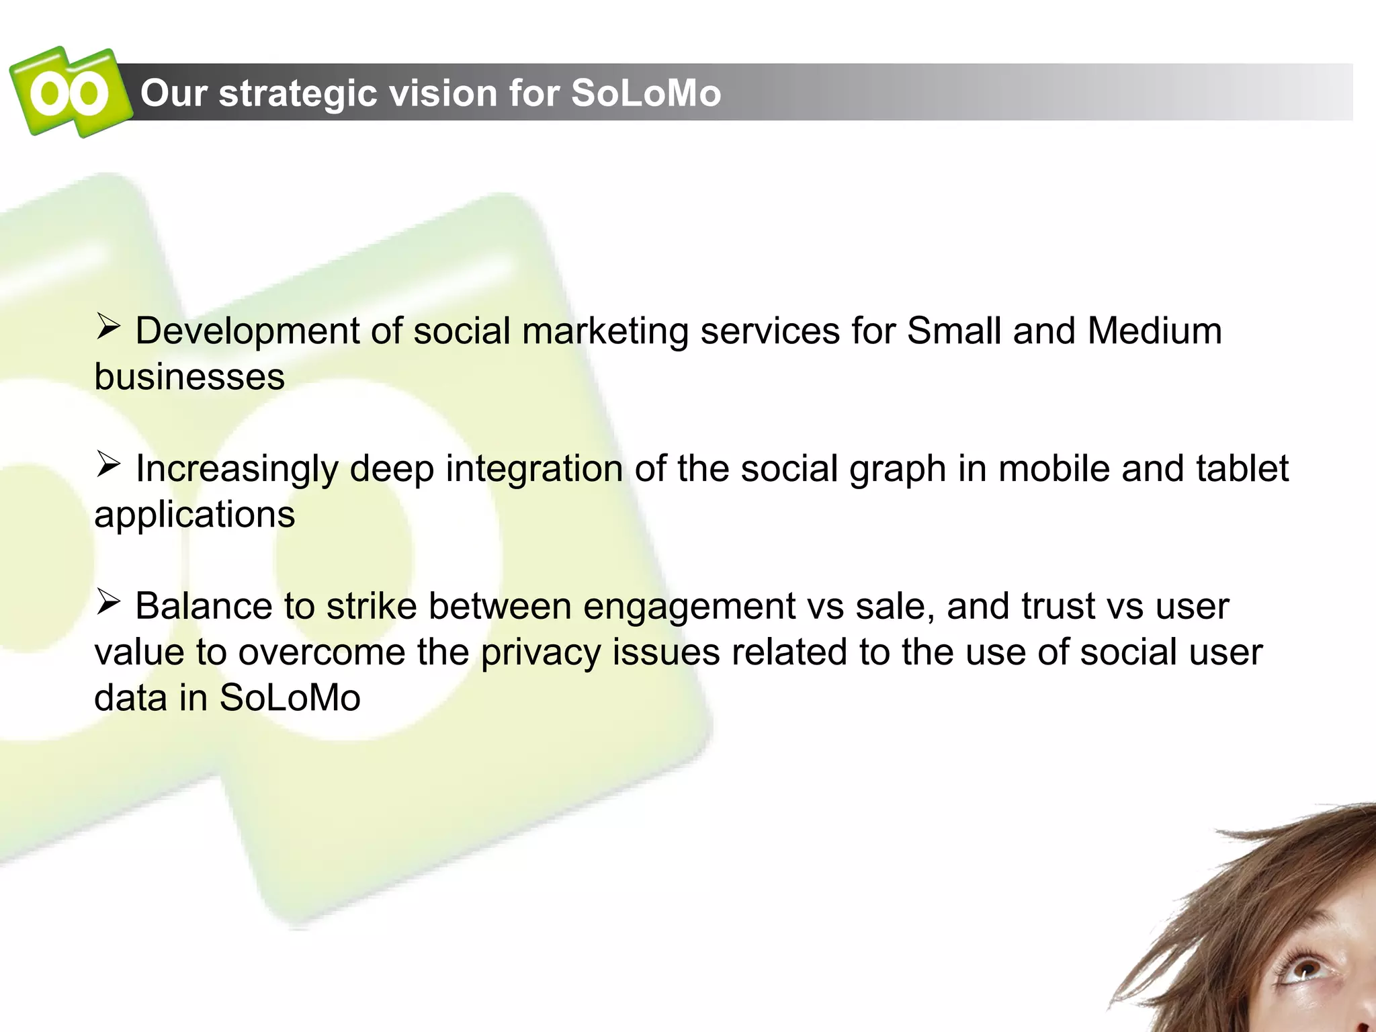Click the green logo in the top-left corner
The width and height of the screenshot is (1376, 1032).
pyautogui.click(x=69, y=92)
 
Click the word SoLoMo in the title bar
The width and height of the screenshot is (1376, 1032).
pyautogui.click(x=646, y=93)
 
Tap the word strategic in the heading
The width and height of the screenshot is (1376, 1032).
pyautogui.click(x=298, y=93)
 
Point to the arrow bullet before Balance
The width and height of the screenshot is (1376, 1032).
pyautogui.click(x=107, y=601)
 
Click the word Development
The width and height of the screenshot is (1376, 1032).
pyautogui.click(x=247, y=331)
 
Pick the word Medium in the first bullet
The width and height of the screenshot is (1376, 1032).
pyautogui.click(x=1154, y=331)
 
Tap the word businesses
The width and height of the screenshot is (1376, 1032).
pyautogui.click(x=189, y=376)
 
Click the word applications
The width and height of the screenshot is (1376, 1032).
pyautogui.click(x=194, y=515)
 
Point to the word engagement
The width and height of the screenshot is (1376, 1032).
pyautogui.click(x=689, y=607)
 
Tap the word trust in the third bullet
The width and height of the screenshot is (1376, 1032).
pyautogui.click(x=1058, y=606)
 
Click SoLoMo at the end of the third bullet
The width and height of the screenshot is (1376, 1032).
pyautogui.click(x=290, y=698)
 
